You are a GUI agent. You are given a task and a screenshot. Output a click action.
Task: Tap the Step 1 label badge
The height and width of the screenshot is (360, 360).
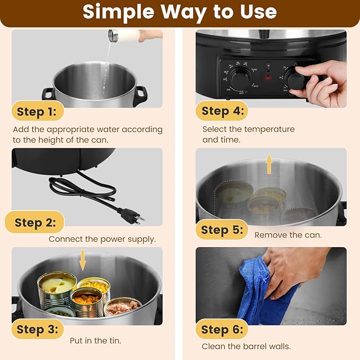click(37, 111)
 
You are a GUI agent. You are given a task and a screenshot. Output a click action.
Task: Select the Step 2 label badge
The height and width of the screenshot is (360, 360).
click(35, 223)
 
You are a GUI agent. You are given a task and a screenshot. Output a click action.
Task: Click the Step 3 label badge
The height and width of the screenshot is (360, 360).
click(37, 329)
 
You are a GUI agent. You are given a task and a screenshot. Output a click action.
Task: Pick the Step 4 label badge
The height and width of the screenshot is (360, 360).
click(222, 111)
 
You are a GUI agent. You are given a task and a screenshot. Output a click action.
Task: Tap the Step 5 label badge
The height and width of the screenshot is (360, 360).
click(222, 230)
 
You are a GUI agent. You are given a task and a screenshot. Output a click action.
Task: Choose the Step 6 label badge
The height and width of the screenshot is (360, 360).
click(222, 330)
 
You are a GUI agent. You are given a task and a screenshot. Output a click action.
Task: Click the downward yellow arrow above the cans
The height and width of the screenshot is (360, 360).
click(82, 260)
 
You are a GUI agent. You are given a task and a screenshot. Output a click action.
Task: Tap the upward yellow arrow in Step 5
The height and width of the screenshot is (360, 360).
click(269, 164)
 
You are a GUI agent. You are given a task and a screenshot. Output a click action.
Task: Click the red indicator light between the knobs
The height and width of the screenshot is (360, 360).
click(268, 77)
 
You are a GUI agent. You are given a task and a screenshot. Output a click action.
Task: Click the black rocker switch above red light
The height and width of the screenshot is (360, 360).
click(268, 67)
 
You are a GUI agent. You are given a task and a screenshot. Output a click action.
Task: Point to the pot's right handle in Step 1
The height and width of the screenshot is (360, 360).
click(141, 94)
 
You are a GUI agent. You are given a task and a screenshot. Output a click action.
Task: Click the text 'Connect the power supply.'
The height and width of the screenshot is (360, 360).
click(102, 239)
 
